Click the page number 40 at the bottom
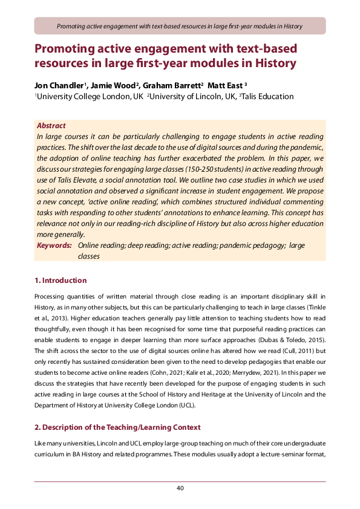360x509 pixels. pyautogui.click(x=180, y=488)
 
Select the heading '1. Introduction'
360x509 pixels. pyautogui.click(x=60, y=280)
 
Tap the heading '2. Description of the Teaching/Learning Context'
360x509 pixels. pyautogui.click(x=117, y=427)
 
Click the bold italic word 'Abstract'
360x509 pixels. pyautogui.click(x=51, y=126)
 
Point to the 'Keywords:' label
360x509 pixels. pyautogui.click(x=54, y=245)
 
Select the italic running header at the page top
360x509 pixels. pyautogui.click(x=180, y=26)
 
